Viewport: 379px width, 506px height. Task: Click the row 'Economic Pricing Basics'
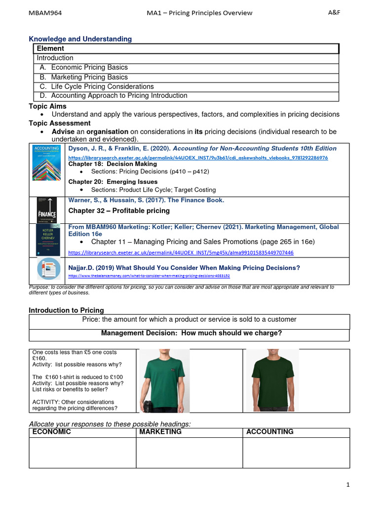pos(89,67)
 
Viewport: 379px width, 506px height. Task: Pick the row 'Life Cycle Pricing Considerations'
pos(102,86)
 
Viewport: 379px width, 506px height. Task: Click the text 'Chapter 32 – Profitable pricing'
pos(119,211)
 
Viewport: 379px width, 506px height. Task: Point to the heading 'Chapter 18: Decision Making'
pos(113,164)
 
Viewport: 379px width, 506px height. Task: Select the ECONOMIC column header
pos(52,432)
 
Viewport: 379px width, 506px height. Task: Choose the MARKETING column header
pos(161,432)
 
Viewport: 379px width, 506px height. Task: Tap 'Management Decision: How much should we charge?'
pos(191,334)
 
